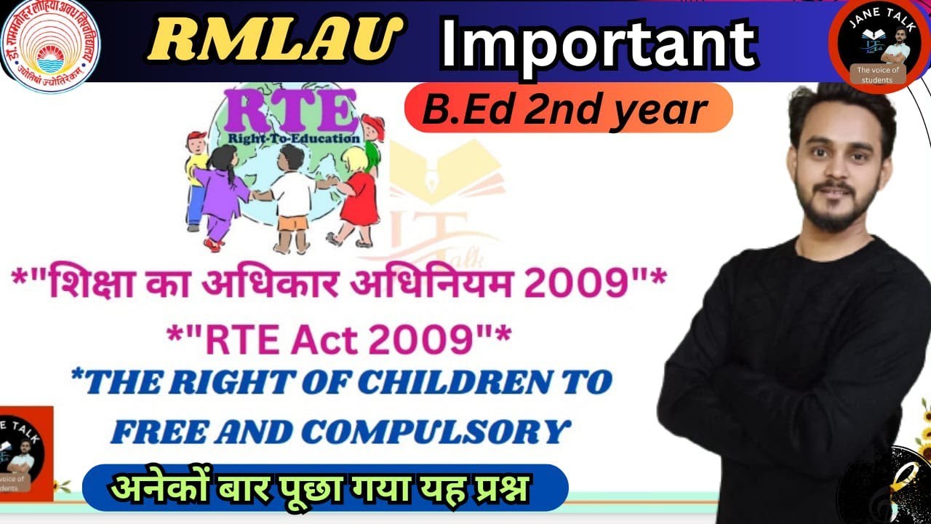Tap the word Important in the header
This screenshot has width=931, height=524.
pyautogui.click(x=598, y=44)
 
